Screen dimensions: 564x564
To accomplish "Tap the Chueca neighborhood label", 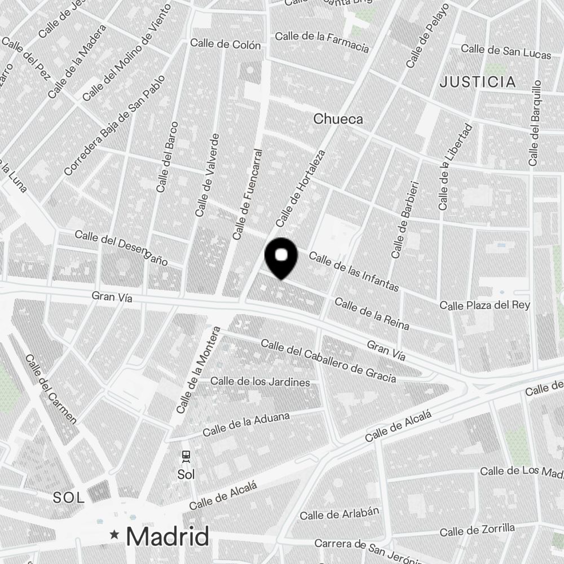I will (x=338, y=119).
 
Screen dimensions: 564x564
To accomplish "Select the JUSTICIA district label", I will (x=478, y=82).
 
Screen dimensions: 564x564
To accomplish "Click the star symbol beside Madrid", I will (x=115, y=534).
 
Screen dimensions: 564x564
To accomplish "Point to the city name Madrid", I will (x=168, y=536).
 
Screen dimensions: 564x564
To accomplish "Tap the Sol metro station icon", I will (x=186, y=456).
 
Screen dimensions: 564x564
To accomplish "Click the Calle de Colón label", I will (x=226, y=44).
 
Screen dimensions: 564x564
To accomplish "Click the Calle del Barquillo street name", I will (x=535, y=123).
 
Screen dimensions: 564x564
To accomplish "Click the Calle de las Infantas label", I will (x=354, y=272).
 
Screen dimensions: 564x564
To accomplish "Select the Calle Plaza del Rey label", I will (x=485, y=305).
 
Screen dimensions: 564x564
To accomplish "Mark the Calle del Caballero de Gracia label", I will (x=328, y=361).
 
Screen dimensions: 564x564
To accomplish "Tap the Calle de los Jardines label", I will (x=260, y=382).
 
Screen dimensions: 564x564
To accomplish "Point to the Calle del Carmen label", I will (x=50, y=389).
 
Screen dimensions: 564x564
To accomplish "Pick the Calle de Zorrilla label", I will (x=477, y=531).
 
